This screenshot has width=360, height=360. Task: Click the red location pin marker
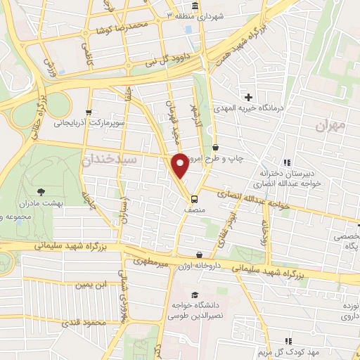coord(181,165)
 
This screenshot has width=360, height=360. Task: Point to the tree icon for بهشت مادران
coord(41,191)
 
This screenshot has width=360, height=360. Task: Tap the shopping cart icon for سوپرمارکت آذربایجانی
coord(88,111)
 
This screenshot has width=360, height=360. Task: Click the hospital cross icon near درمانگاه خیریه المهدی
coord(247,96)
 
